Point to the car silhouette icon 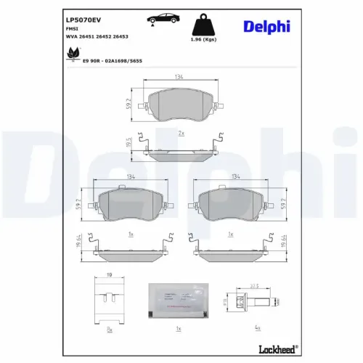point(161,18)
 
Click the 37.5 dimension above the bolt point(255,285)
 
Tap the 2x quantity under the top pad point(181,134)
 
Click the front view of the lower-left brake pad point(129,205)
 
